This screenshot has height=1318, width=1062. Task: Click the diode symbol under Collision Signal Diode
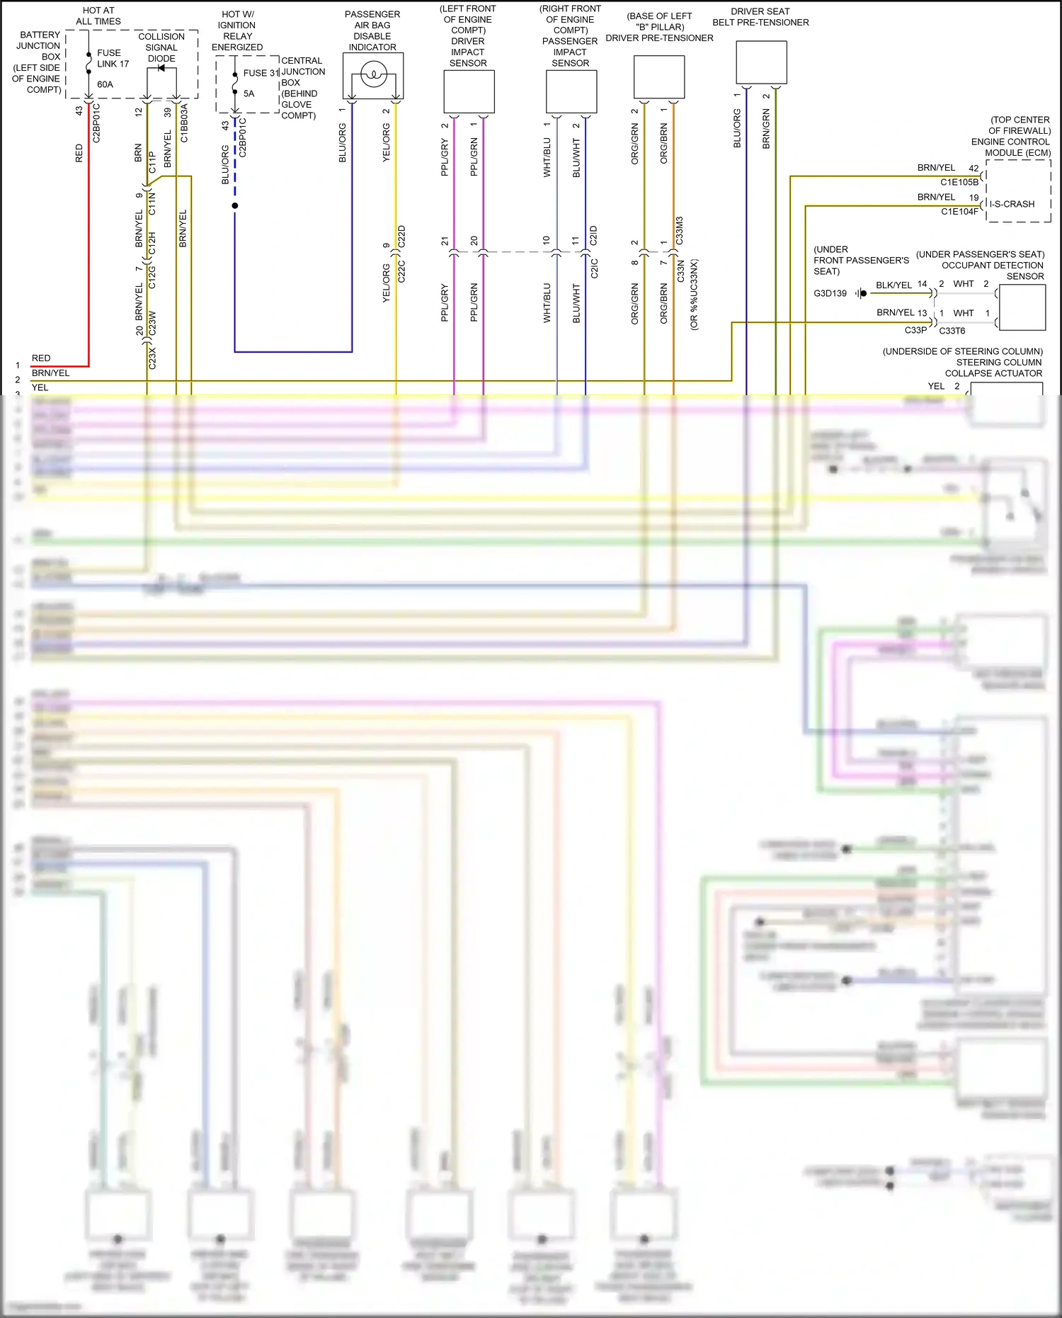(x=161, y=68)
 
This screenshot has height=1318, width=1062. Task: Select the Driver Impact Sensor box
(x=469, y=92)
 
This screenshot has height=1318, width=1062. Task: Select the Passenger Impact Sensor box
(x=571, y=92)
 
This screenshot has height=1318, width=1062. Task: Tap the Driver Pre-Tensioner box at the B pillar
(x=659, y=76)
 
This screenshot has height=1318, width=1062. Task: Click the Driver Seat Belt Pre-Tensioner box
(x=761, y=62)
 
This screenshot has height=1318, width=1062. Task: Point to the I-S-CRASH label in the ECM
(x=1012, y=204)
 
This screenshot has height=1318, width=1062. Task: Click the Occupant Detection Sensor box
(x=1022, y=307)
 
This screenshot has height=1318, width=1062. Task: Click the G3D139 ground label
(x=830, y=293)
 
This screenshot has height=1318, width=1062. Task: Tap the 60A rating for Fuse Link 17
(x=105, y=84)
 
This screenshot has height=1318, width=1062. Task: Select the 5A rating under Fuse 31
(x=249, y=93)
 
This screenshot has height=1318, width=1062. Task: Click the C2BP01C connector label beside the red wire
(x=96, y=123)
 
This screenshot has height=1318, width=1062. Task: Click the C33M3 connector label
(x=680, y=231)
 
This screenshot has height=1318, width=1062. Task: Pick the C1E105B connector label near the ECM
(x=959, y=182)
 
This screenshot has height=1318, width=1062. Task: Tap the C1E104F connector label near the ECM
(x=959, y=211)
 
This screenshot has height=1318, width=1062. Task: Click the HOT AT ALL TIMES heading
(x=98, y=16)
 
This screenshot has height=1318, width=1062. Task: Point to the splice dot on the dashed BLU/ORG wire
(x=235, y=205)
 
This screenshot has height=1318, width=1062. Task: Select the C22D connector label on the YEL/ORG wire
(x=401, y=236)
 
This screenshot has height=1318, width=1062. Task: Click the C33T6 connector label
(x=952, y=331)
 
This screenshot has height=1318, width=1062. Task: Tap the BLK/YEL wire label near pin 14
(x=893, y=285)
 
